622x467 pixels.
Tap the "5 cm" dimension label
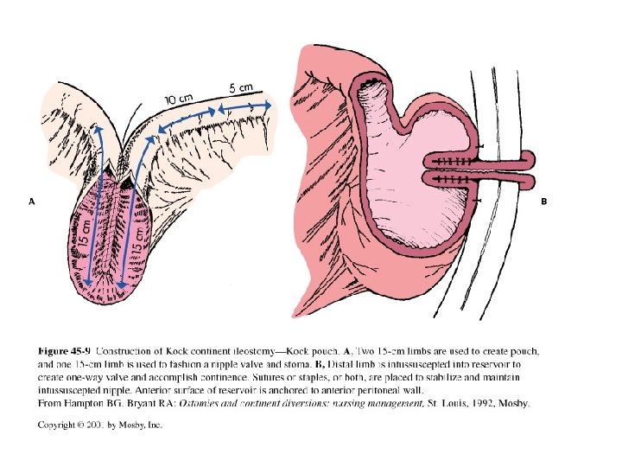coord(241,87)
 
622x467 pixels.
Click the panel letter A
coord(32,202)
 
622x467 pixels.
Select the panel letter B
coord(544,202)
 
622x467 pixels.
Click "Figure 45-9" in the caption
coord(66,351)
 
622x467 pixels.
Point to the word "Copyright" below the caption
coord(59,425)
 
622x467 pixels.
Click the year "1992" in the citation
coord(482,403)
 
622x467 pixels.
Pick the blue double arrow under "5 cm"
coord(244,106)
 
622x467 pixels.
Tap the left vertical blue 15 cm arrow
coord(94,208)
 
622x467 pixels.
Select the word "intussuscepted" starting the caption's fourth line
coord(73,390)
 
